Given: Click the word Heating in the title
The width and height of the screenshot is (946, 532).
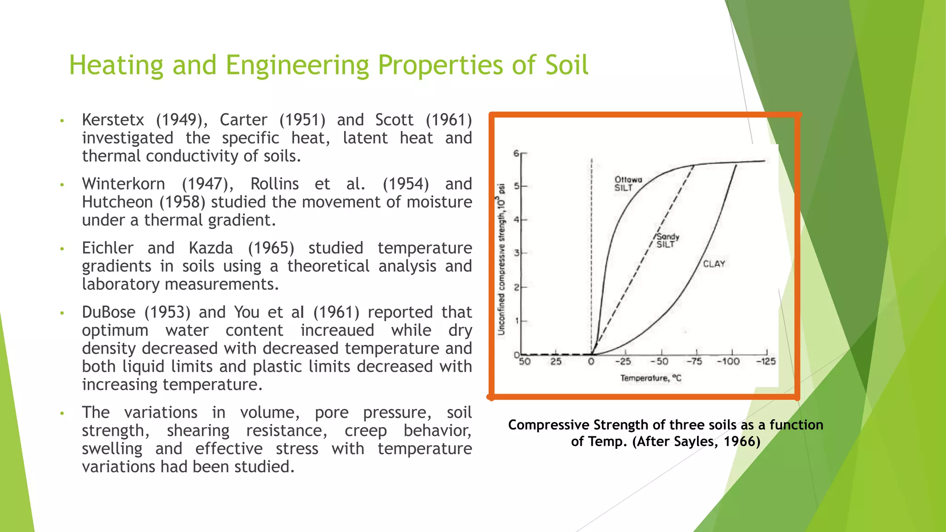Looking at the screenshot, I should [x=116, y=65].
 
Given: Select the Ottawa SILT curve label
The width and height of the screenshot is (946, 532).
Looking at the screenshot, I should [x=628, y=183].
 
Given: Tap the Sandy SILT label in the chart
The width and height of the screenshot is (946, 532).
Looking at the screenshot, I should [x=667, y=240].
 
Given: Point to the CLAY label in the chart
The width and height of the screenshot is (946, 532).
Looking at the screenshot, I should [x=714, y=264].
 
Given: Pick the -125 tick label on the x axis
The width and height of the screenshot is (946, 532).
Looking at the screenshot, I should [x=766, y=361].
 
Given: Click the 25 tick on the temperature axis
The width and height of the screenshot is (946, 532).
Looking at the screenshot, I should [x=556, y=361].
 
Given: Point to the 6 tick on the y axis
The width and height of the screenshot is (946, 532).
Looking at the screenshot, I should [x=516, y=153].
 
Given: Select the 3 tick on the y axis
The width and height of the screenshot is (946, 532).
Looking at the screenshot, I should [x=517, y=253].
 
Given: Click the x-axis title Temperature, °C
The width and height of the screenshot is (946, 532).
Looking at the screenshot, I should [x=650, y=378].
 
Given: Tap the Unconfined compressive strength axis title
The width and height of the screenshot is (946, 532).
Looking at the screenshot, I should [x=502, y=259].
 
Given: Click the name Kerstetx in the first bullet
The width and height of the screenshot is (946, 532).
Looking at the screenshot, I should [x=113, y=120].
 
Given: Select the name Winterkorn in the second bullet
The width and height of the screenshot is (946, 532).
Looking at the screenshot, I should [x=123, y=184].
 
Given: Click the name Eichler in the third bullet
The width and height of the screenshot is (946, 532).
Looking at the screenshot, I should [x=108, y=248].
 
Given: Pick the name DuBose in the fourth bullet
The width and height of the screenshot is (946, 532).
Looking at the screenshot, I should [x=109, y=312].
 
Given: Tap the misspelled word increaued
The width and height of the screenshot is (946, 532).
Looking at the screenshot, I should [x=337, y=330].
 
